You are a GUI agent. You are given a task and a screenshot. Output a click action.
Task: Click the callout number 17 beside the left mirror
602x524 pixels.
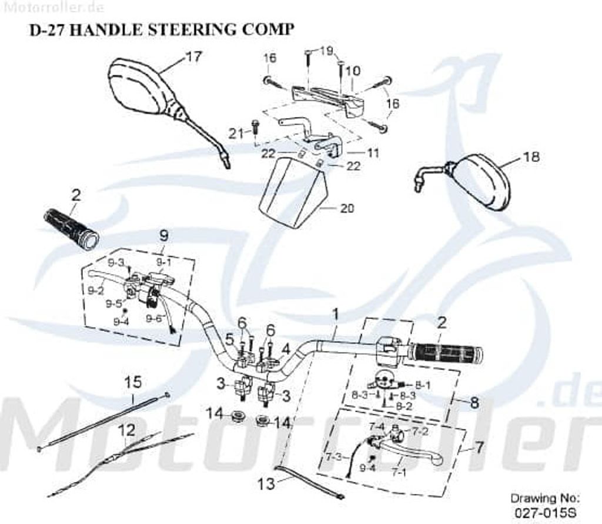[x=194, y=57]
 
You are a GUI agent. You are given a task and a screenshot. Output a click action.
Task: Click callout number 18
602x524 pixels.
[x=531, y=157]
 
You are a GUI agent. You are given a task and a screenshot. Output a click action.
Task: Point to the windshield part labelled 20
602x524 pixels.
[x=292, y=193]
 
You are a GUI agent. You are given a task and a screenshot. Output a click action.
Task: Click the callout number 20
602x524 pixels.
[x=347, y=208]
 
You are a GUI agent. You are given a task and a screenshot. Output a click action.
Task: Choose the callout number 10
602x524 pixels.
[x=352, y=71]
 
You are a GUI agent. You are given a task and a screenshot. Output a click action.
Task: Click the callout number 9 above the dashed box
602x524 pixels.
[x=164, y=235]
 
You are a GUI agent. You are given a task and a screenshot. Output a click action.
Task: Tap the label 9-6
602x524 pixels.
[x=154, y=318]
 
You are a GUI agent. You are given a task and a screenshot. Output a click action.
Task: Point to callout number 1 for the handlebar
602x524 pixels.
[x=336, y=315]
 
